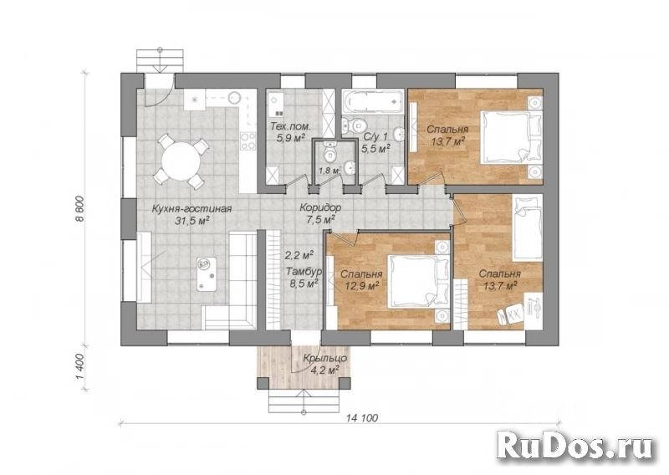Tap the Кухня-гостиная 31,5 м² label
coord(192,214)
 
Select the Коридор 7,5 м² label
coord(320,213)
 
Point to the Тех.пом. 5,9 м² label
coord(290,132)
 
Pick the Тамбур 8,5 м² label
coord(304,277)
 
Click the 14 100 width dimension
coord(362,418)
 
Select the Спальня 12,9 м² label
coord(361,279)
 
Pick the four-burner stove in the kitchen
coord(248,140)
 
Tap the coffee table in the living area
coord(207,274)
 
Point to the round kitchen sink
coord(234,98)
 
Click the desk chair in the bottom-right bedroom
coord(509,314)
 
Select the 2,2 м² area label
coord(299,255)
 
